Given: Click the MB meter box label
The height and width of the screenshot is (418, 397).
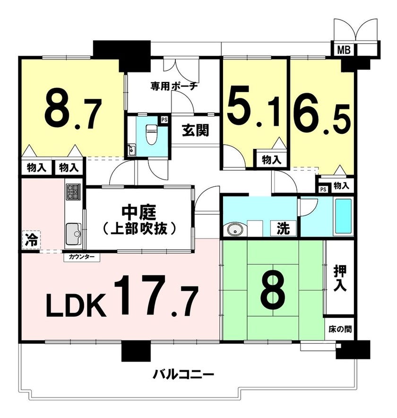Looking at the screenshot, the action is coord(344,50).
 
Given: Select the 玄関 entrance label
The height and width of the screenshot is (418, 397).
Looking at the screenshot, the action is coord(195,131).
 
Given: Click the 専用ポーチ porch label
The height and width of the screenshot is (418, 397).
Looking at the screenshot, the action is coord(174,86).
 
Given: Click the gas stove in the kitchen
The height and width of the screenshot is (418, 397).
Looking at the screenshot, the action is coord(73,192).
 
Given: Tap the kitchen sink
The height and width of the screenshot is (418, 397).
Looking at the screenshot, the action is coord(73,234).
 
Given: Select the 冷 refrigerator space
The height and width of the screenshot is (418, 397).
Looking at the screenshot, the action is coord(32,239).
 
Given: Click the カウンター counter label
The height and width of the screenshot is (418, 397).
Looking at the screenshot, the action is coord(82,257).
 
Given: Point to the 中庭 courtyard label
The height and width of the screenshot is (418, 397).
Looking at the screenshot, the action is coord(139,212).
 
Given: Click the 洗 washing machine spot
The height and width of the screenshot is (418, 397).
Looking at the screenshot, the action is coord(283,228).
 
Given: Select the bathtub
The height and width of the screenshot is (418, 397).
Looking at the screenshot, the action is coord(343,216).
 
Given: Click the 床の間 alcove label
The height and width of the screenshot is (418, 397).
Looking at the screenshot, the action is coord(340,329).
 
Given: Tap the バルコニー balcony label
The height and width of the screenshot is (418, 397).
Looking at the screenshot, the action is coord(183,374).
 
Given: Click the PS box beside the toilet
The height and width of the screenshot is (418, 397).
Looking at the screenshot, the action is coord(164,120).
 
